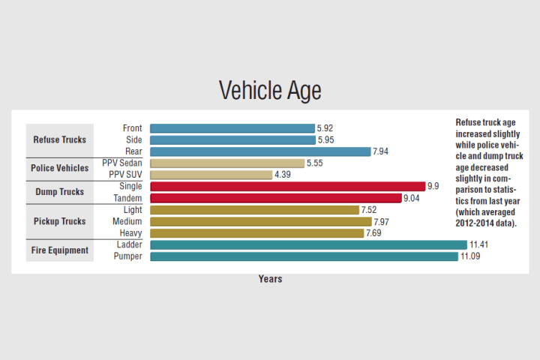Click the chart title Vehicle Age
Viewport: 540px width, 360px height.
click(270, 91)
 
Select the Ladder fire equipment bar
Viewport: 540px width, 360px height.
click(308, 244)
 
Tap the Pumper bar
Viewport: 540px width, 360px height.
click(304, 256)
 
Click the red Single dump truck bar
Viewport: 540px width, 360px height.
click(287, 186)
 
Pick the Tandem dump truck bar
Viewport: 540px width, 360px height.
click(275, 198)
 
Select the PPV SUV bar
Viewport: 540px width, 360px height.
click(211, 175)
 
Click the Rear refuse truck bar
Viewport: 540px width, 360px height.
click(260, 151)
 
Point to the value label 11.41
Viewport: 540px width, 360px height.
click(479, 244)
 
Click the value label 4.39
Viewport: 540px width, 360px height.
click(283, 175)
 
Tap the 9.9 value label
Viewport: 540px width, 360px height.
click(433, 186)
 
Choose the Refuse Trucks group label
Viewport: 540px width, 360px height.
click(60, 139)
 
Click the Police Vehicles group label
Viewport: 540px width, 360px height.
click(60, 168)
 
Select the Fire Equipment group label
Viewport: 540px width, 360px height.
click(60, 250)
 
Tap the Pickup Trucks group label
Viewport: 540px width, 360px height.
click(60, 221)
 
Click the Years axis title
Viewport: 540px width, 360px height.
click(270, 279)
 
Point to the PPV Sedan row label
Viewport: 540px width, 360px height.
click(122, 163)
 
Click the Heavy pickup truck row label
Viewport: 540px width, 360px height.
click(130, 233)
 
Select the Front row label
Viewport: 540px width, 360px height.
click(132, 128)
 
